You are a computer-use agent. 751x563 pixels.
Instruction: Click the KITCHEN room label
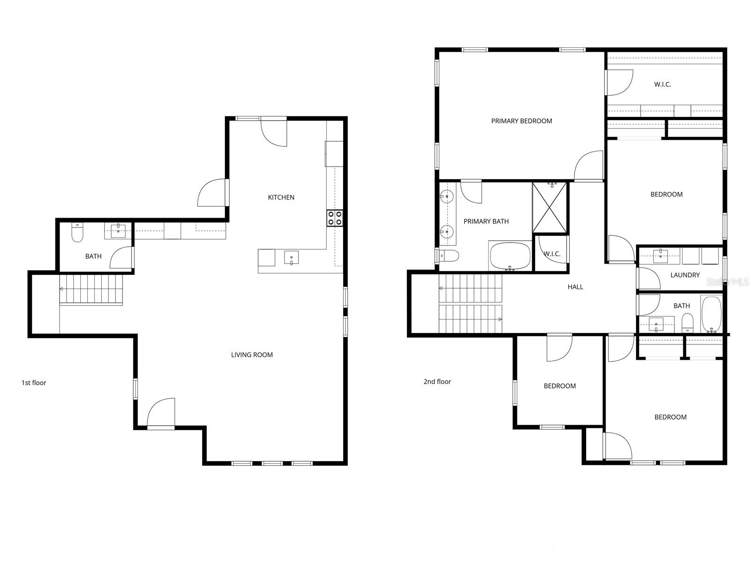[x=281, y=198]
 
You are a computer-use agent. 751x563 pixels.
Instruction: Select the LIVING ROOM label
[x=252, y=355]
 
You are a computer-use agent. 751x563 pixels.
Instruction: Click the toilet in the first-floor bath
[x=77, y=233]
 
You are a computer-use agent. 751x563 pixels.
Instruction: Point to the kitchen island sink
[x=291, y=258]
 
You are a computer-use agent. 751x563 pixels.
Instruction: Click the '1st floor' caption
[x=34, y=383]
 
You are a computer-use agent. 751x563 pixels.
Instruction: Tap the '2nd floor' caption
[x=437, y=382]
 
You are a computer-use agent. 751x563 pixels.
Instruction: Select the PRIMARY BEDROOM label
[x=521, y=121]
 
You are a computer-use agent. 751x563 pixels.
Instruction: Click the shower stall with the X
[x=550, y=207]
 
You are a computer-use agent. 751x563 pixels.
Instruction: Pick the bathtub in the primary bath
[x=510, y=256]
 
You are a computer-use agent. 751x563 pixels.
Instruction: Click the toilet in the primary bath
[x=449, y=256]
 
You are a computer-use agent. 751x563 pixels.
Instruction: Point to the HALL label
[x=575, y=287]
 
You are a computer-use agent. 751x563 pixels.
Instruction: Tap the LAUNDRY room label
[x=685, y=275]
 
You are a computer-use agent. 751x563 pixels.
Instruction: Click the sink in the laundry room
[x=660, y=255]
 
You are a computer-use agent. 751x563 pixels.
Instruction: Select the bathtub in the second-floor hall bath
[x=711, y=314]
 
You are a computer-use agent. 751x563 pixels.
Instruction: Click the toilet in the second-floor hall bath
[x=687, y=322]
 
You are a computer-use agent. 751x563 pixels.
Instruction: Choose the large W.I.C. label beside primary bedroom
[x=662, y=84]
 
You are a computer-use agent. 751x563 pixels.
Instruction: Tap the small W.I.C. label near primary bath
[x=552, y=254]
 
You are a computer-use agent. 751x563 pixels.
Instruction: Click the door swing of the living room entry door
[x=160, y=413]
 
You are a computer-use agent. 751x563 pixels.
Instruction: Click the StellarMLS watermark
[x=728, y=282]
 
